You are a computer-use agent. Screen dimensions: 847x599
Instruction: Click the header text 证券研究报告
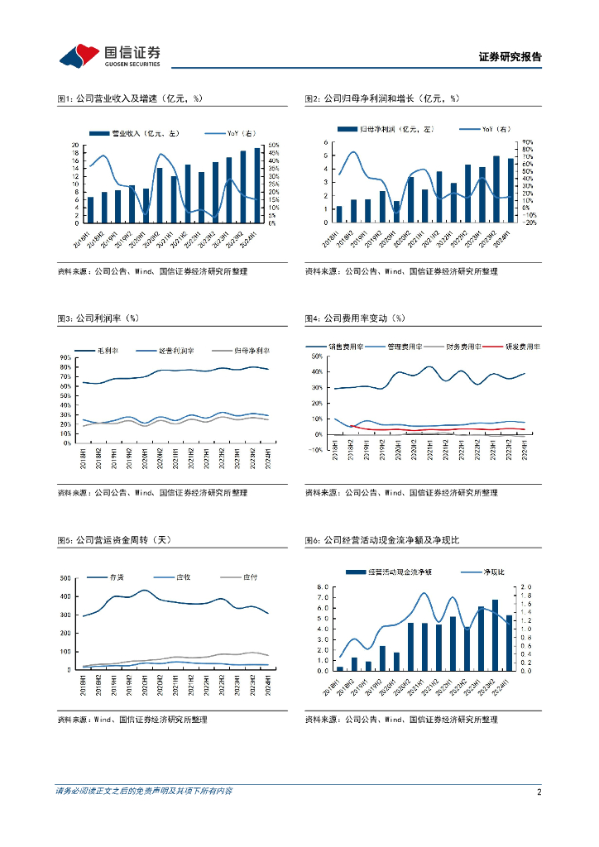[510, 57]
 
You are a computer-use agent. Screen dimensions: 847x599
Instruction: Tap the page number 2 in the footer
[539, 792]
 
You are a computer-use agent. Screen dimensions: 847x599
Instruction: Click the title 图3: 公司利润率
[98, 318]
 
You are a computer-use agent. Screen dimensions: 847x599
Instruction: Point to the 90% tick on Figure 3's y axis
[65, 357]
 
